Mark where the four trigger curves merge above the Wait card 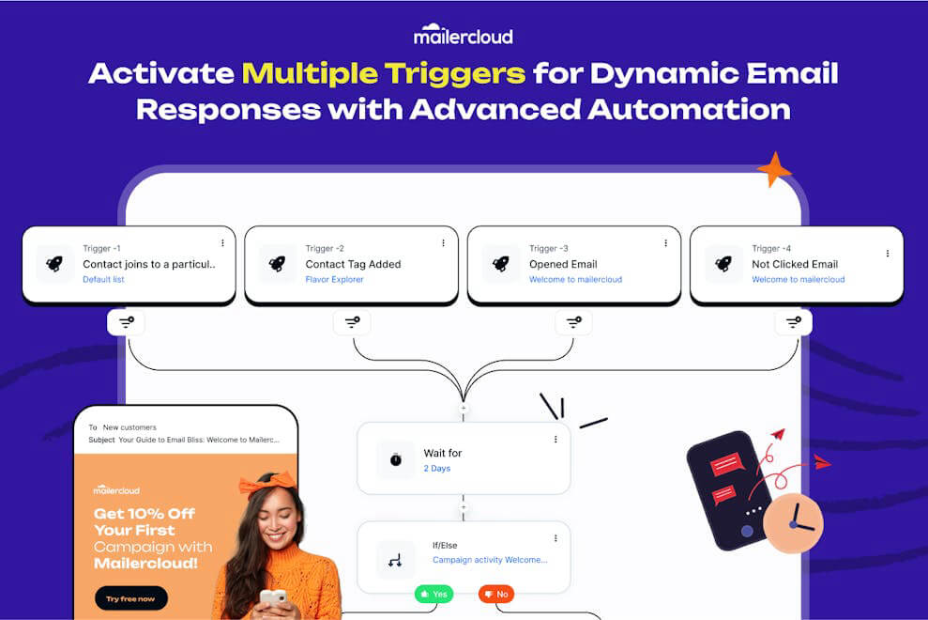pos(464,402)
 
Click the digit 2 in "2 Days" pos(426,468)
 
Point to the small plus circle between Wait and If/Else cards pos(464,507)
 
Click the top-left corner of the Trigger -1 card pos(23,226)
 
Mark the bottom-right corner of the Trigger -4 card pos(904,303)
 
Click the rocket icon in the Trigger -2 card pos(277,264)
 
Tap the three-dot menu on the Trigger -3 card pos(666,243)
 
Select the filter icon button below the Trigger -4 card pos(794,322)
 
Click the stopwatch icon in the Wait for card pos(396,458)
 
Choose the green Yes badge pos(434,594)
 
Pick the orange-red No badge pos(496,594)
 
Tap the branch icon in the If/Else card pos(395,559)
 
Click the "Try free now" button pos(130,598)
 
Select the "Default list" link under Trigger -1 pos(103,279)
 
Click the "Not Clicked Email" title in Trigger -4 pos(795,264)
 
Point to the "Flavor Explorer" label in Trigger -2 pos(334,279)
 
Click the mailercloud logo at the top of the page pos(464,35)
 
